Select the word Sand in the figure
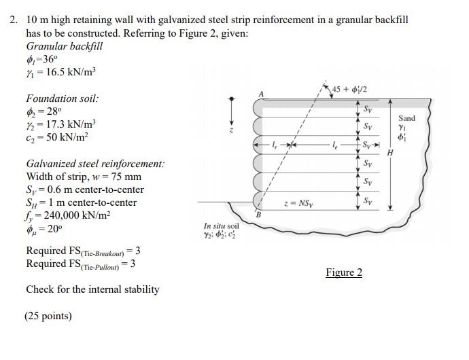pos(406,118)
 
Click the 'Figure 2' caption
pos(344,272)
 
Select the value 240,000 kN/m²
pos(77,215)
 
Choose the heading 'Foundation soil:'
pos(62,98)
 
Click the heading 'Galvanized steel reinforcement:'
pos(95,164)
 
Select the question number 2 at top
pos(13,20)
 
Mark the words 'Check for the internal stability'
pos(92,289)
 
